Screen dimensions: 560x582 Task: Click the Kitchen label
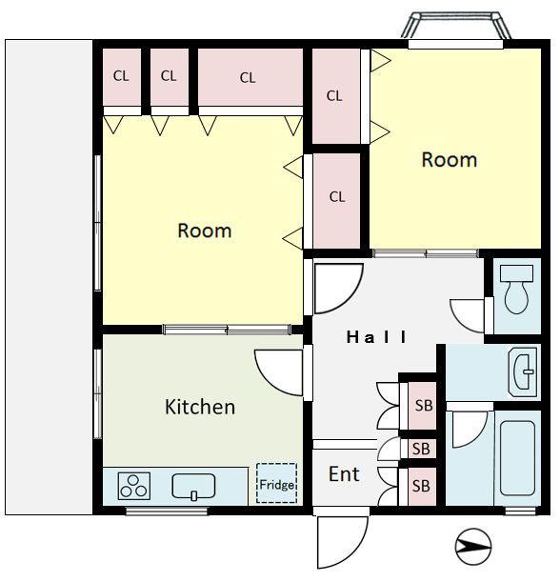(200, 407)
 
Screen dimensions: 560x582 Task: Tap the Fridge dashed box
(277, 483)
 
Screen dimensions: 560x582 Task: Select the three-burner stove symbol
(134, 486)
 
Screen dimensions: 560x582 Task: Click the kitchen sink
(193, 487)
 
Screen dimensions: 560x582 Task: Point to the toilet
(516, 290)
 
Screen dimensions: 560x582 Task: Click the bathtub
(517, 458)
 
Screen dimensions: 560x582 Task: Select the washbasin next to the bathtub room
(523, 371)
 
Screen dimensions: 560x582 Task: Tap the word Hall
(376, 337)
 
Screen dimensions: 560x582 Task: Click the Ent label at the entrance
(344, 474)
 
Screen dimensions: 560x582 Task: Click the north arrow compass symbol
(473, 546)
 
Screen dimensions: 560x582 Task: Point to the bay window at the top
(456, 26)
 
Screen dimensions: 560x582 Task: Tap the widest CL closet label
(248, 78)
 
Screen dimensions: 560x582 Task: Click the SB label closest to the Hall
(424, 406)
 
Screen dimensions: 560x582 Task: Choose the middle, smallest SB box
(422, 449)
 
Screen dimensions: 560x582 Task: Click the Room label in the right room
(449, 160)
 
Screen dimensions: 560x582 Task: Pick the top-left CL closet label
(121, 76)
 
